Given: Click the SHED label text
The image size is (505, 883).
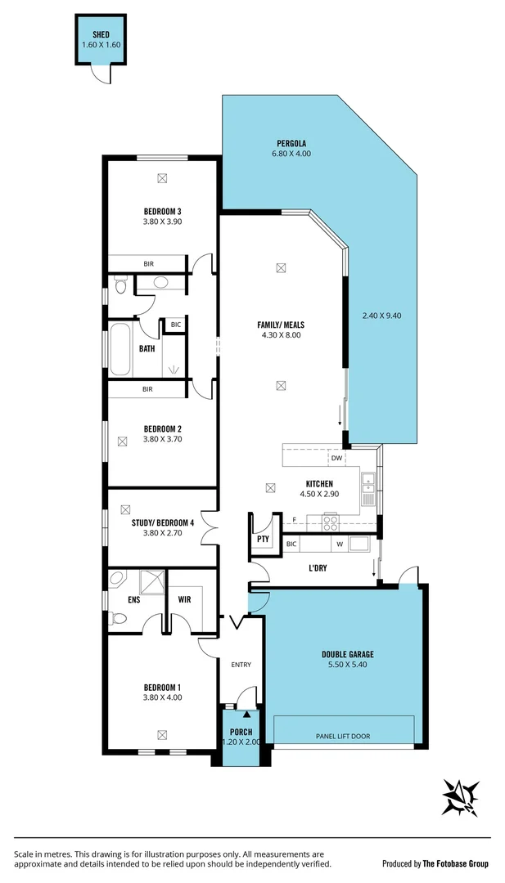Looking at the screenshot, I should (101, 35).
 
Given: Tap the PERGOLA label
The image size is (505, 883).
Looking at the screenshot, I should (291, 143).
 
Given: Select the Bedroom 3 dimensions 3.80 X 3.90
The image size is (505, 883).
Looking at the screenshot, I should (162, 222).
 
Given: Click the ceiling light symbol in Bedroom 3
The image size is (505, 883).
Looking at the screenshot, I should (162, 177).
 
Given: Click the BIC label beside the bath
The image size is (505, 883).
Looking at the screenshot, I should (176, 325).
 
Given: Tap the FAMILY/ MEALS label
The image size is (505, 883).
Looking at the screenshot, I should (280, 324).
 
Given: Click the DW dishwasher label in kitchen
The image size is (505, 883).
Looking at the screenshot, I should (336, 459).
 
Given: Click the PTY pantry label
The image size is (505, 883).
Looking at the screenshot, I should (263, 539).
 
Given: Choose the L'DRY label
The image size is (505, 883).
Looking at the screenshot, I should (318, 567).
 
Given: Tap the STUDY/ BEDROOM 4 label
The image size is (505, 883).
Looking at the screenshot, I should (162, 522).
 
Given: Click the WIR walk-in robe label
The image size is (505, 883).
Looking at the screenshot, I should (184, 599).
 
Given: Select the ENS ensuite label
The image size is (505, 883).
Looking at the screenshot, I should (134, 599).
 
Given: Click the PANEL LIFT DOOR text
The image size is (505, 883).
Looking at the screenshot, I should (343, 736).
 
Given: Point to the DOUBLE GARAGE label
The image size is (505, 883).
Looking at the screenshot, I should (343, 654).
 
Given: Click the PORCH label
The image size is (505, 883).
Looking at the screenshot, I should (241, 732).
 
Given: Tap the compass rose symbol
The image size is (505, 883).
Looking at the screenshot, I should (460, 796).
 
